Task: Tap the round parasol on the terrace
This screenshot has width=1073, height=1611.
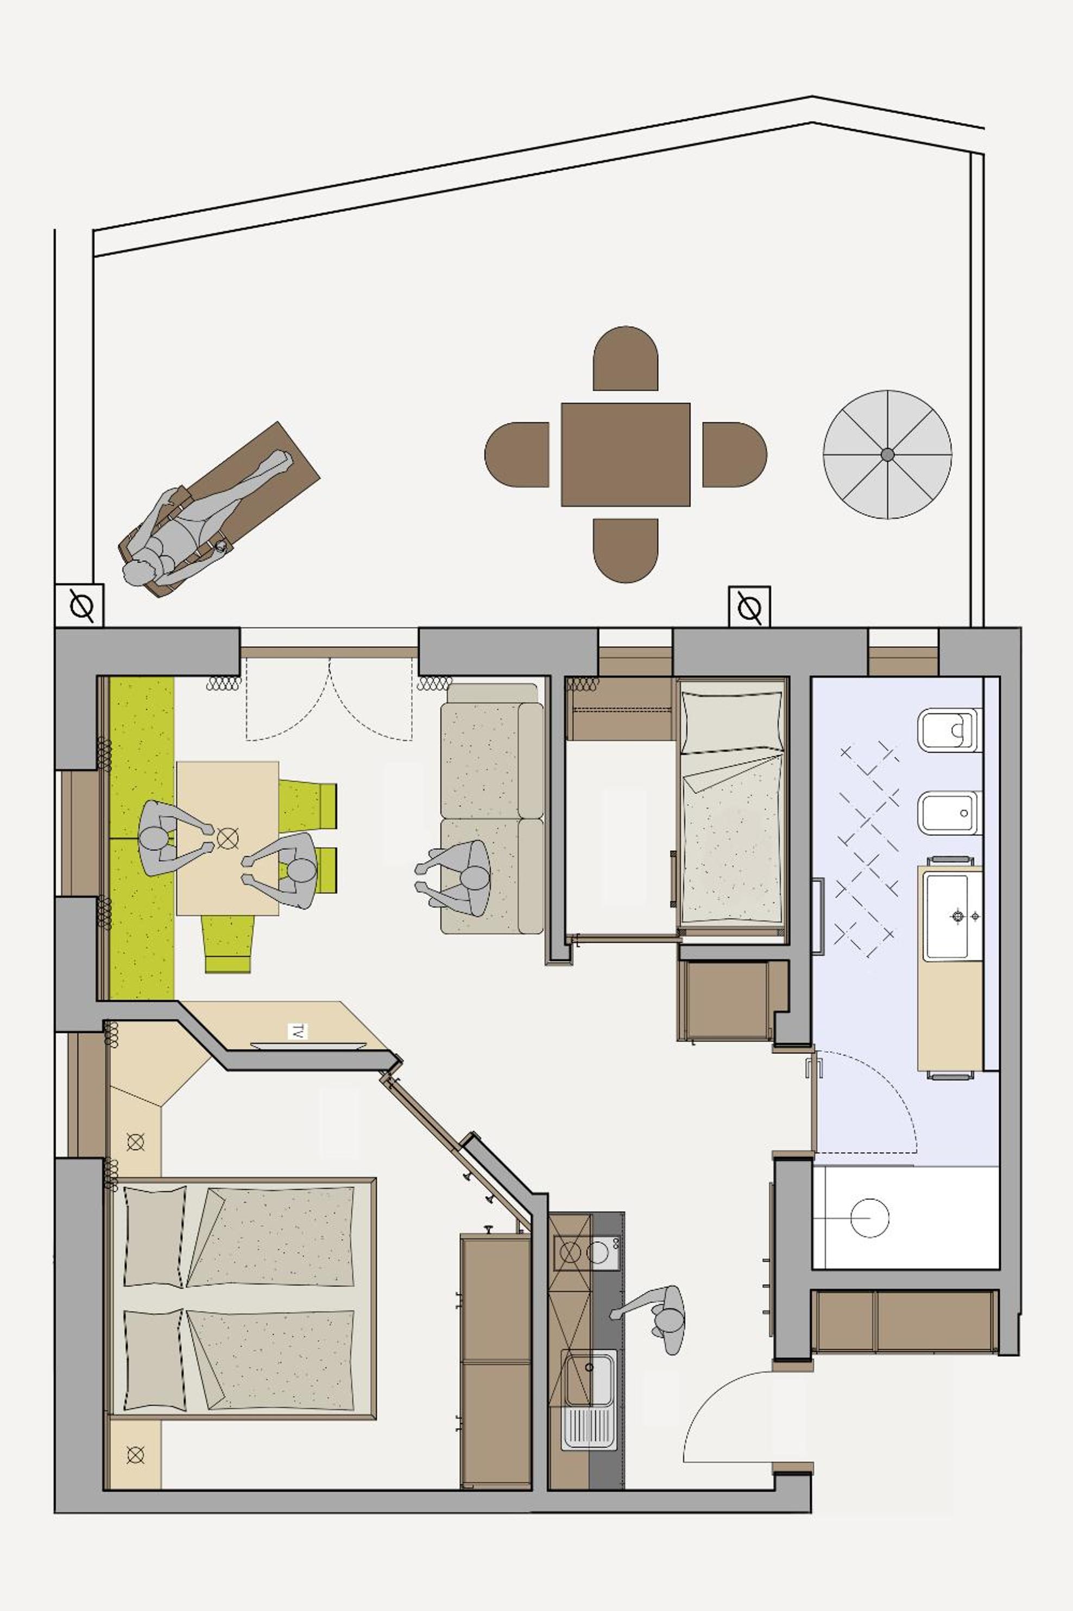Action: (x=887, y=454)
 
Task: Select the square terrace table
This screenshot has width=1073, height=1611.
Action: (x=626, y=455)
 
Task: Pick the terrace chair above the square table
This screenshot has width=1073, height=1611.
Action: (x=626, y=358)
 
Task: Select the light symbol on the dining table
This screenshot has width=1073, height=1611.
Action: (x=226, y=836)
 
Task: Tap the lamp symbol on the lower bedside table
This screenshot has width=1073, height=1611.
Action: (x=136, y=1456)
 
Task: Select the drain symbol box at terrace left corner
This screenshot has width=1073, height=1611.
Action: (x=79, y=605)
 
